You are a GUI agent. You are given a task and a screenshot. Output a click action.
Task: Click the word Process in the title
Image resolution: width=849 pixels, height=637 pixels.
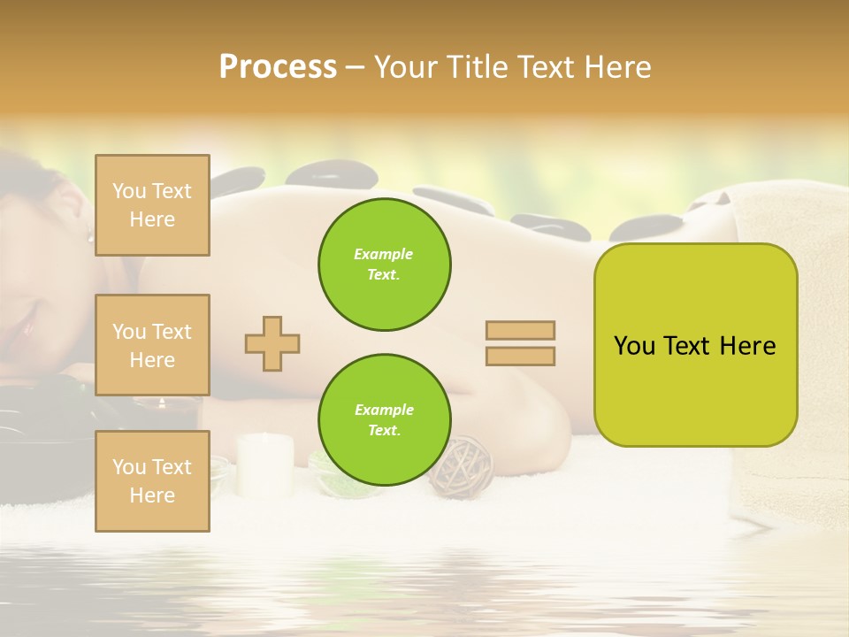coord(278,67)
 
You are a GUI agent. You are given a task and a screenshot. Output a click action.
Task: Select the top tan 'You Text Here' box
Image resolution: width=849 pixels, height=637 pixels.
coord(152,205)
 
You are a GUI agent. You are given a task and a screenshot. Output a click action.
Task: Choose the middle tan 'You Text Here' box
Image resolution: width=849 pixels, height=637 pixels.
coord(152,345)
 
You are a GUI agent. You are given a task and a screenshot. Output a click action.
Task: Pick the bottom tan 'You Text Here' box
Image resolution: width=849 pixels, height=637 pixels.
coord(152,481)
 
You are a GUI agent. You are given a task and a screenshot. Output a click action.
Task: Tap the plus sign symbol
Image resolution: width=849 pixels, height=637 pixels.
coord(272,343)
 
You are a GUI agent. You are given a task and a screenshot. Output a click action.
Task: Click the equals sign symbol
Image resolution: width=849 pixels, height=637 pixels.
coord(520,343)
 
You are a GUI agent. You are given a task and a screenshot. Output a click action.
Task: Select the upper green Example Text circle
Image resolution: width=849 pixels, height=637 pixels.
coord(384,265)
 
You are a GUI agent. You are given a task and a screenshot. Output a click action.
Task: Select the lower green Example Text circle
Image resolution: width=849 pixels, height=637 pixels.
coord(384,420)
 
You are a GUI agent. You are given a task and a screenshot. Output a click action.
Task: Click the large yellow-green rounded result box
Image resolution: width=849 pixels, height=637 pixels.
coord(695,345)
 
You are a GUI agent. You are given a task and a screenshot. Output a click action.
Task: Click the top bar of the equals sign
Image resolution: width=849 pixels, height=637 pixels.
coord(520,331)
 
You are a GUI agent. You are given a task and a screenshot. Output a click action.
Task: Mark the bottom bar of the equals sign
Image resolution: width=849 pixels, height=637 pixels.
coord(520,356)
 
